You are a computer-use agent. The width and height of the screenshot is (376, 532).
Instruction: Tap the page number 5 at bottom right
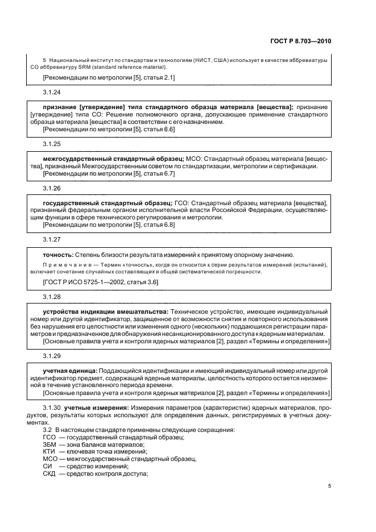coord(329,486)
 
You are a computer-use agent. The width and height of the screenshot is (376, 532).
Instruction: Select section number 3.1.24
coord(52,92)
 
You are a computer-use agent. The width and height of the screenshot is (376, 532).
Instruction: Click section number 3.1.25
coord(52,144)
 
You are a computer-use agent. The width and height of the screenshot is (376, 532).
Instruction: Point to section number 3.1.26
coord(52,188)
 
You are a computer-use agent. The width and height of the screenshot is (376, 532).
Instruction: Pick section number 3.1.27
coord(52,240)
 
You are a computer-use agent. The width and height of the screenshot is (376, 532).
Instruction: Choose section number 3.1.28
coord(52,297)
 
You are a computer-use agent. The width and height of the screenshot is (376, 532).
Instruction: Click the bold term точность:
coord(57,255)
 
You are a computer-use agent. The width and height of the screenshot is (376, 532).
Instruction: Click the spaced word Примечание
coord(65,265)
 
